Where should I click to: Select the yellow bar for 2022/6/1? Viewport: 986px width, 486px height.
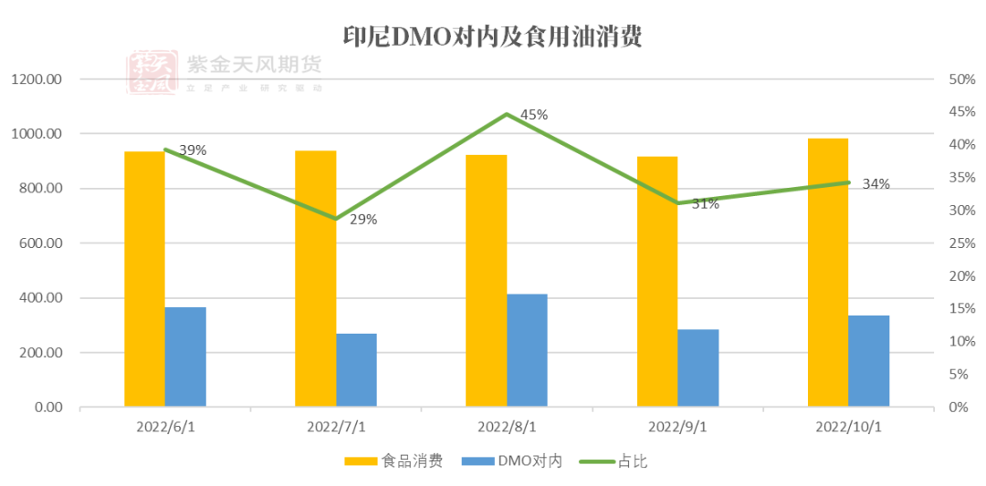(144, 278)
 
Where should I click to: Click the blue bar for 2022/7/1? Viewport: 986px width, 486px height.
(356, 369)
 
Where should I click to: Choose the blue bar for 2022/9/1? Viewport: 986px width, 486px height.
(698, 367)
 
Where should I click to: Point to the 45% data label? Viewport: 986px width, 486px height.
(534, 115)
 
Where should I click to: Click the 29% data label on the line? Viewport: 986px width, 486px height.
(363, 219)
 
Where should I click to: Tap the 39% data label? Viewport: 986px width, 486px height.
(193, 150)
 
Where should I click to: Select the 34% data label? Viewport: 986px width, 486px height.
(876, 184)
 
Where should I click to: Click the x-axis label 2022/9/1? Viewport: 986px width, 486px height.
(677, 427)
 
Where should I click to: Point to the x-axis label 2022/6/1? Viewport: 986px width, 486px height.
(164, 427)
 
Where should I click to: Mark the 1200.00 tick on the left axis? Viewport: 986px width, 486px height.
(37, 79)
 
